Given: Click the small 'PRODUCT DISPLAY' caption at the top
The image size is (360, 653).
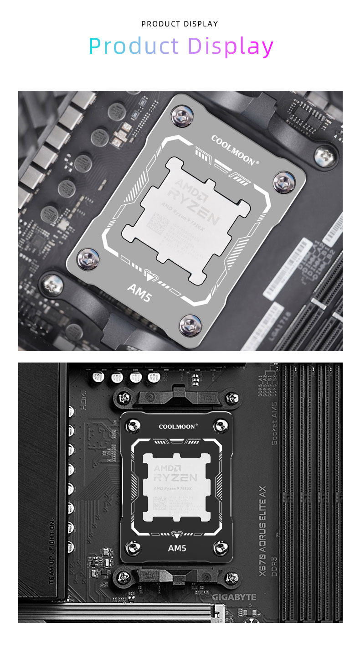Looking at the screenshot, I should pos(180,24).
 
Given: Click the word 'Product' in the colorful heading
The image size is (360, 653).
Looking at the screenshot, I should pos(134,46).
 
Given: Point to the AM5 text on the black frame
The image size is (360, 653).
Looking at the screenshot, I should pos(177,548).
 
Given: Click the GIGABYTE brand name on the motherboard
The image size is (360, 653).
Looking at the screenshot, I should pos(234,597).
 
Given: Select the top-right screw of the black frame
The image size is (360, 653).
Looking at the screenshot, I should pos(221,426).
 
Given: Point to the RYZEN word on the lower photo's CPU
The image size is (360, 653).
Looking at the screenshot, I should pos(175,477).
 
